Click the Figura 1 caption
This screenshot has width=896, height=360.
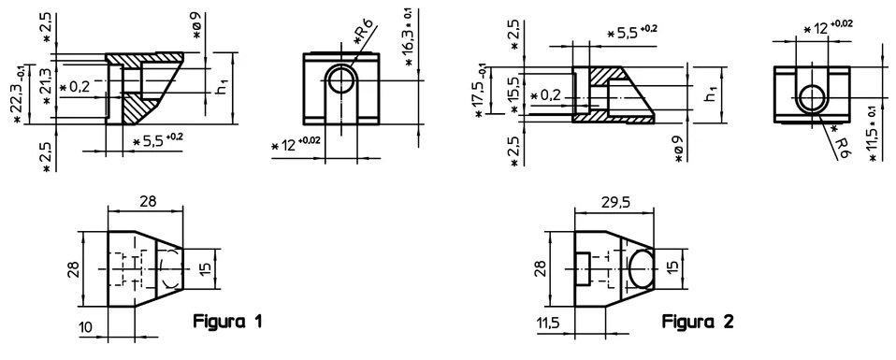pos(227,322)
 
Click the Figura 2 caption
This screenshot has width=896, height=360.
pos(697,322)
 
